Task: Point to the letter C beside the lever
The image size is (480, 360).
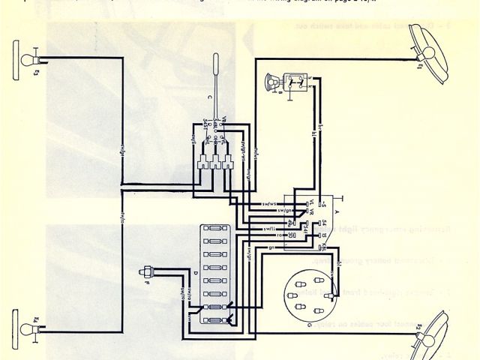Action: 199,98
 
